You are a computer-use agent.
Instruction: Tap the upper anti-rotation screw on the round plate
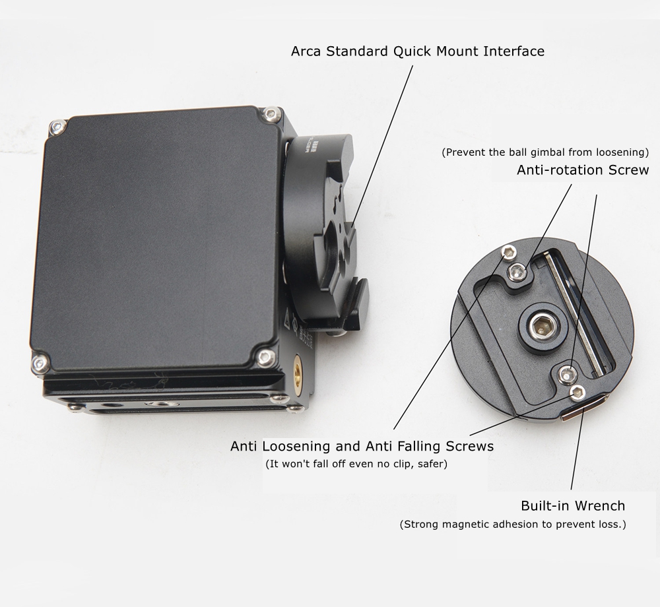[x=517, y=272]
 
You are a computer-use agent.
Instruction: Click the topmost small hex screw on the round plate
[x=510, y=252]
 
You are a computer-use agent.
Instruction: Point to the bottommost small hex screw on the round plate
[x=577, y=393]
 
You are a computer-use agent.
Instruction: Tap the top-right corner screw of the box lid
[x=271, y=114]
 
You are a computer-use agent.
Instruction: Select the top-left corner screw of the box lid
[x=57, y=127]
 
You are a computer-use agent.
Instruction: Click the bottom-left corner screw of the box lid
[x=40, y=364]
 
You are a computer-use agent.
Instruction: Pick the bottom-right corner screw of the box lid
[x=265, y=358]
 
